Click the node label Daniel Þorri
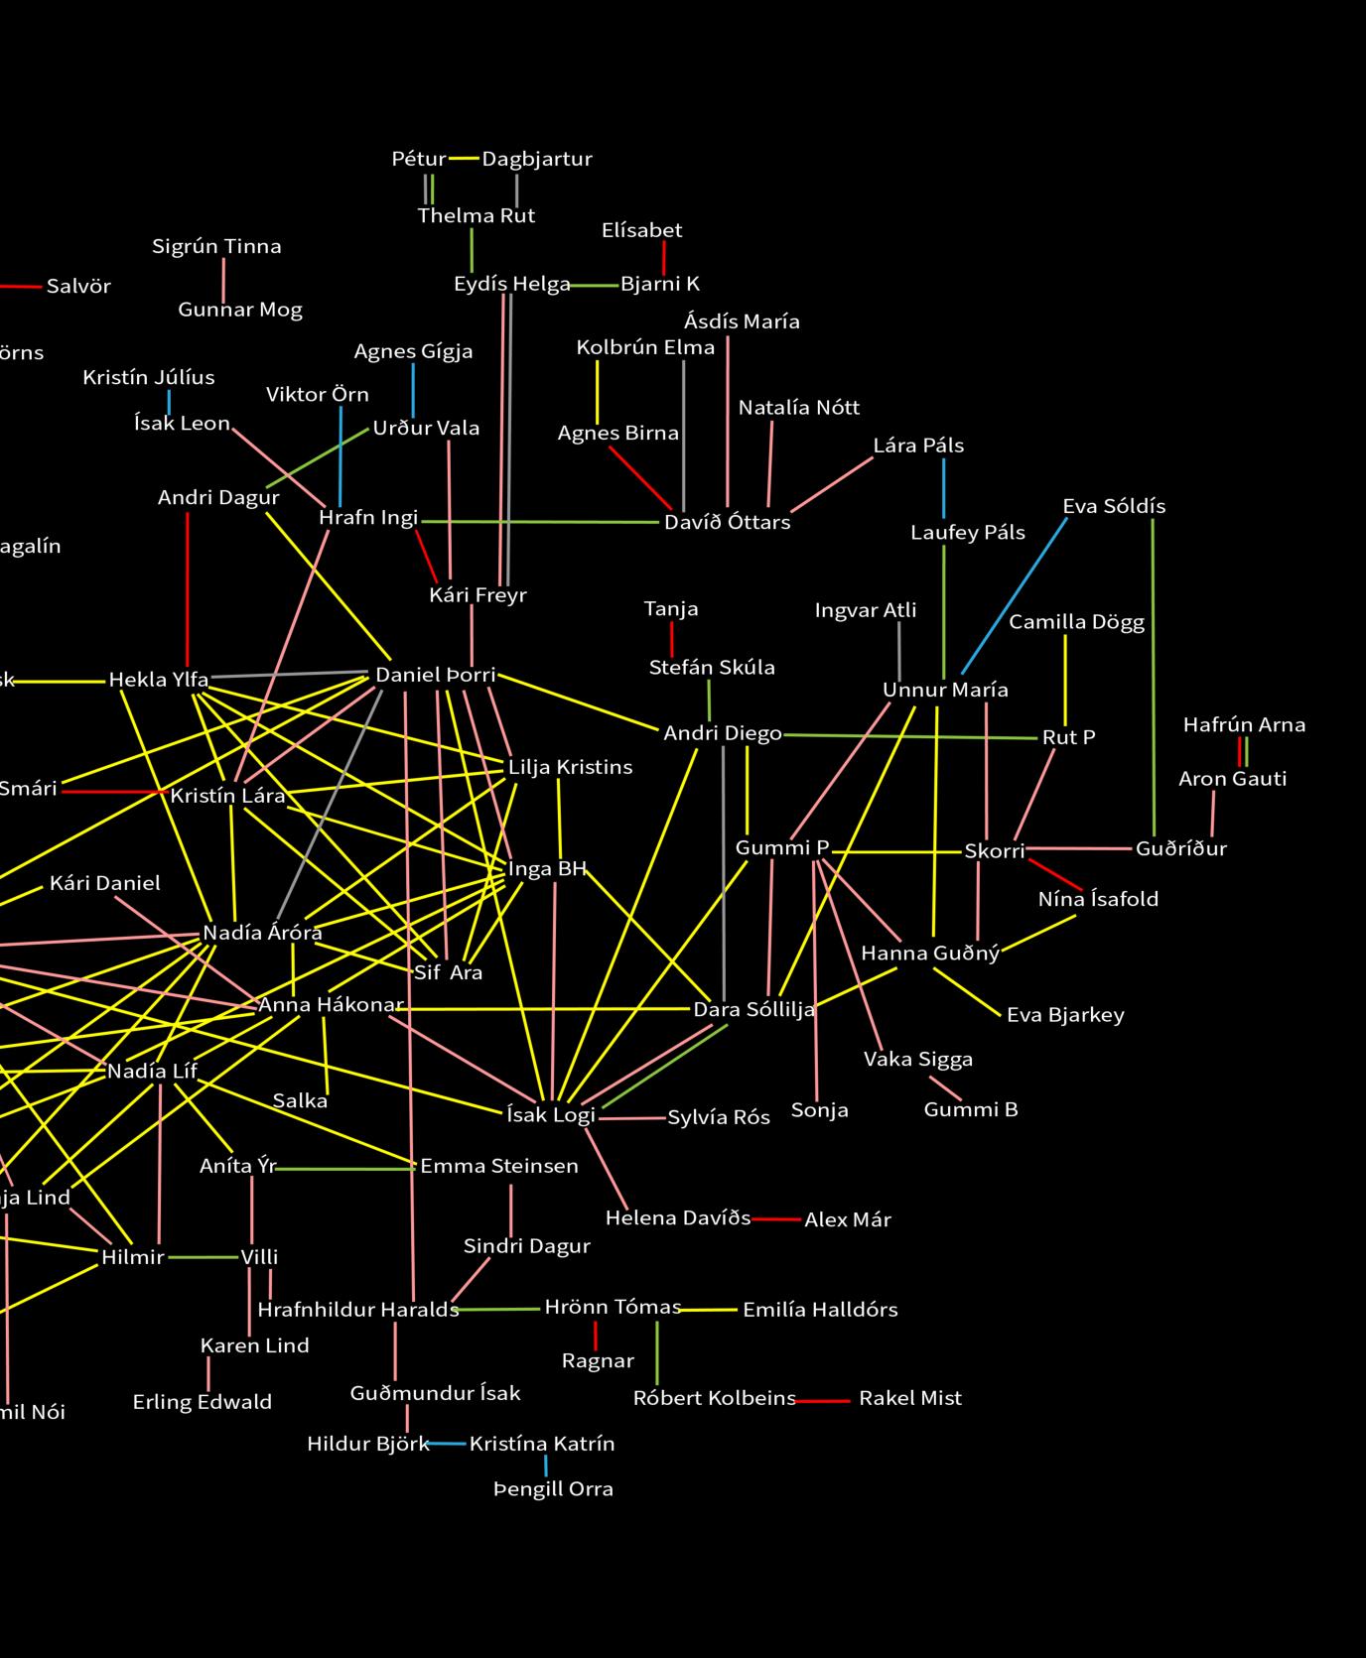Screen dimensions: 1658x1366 [x=435, y=675]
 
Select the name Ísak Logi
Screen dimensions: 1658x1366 [x=550, y=1114]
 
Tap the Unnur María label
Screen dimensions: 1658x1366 [x=945, y=690]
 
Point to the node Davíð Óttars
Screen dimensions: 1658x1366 [x=727, y=522]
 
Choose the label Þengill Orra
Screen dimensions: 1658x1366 [x=553, y=1488]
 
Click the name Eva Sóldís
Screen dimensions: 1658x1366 [x=1114, y=506]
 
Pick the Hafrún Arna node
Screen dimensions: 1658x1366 [x=1244, y=725]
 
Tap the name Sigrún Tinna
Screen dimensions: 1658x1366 [x=216, y=246]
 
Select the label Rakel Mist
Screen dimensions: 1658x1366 [x=909, y=1398]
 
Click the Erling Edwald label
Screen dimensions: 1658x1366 [x=203, y=1402]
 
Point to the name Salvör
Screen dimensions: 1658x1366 [x=78, y=287]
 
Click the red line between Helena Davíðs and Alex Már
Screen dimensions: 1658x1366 [x=776, y=1218]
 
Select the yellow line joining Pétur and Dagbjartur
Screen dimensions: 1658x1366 [x=464, y=159]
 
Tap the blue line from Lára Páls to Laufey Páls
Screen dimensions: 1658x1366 [x=943, y=488]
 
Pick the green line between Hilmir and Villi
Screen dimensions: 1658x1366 [x=204, y=1257]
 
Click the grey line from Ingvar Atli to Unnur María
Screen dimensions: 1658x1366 [x=899, y=650]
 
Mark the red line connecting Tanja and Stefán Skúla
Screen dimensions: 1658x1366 [x=672, y=638]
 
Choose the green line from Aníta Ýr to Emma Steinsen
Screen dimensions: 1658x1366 [x=345, y=1168]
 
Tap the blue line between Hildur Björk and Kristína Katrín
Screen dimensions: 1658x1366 [x=448, y=1444]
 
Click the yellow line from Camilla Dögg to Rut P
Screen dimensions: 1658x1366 [x=1065, y=680]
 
